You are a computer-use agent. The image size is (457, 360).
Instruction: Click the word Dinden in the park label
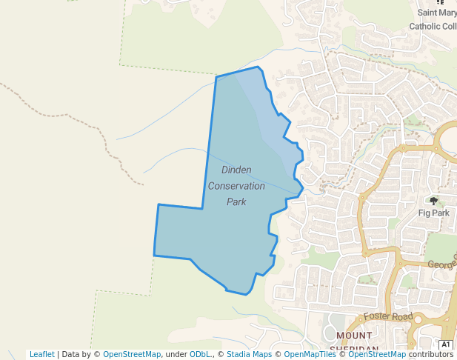click(x=236, y=170)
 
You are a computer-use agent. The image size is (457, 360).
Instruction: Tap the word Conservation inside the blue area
click(x=236, y=185)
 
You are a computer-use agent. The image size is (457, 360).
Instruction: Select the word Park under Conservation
click(x=236, y=201)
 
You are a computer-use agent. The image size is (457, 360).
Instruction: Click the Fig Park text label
click(x=433, y=213)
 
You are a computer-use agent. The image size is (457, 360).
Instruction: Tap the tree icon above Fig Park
click(x=433, y=201)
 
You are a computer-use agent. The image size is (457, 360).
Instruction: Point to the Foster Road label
click(x=387, y=316)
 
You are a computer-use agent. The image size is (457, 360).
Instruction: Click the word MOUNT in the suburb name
click(x=353, y=336)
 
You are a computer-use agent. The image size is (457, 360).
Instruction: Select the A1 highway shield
click(x=446, y=345)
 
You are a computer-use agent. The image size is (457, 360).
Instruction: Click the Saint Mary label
click(x=437, y=13)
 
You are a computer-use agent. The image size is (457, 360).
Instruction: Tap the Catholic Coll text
click(x=433, y=27)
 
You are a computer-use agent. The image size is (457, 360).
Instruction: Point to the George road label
click(x=441, y=263)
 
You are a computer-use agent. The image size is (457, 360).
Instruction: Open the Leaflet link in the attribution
click(x=41, y=355)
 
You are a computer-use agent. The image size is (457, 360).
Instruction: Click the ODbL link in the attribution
click(x=200, y=355)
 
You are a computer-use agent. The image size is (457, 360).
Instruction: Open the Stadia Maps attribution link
click(x=249, y=355)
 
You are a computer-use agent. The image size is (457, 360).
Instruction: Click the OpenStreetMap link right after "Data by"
click(x=131, y=355)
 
